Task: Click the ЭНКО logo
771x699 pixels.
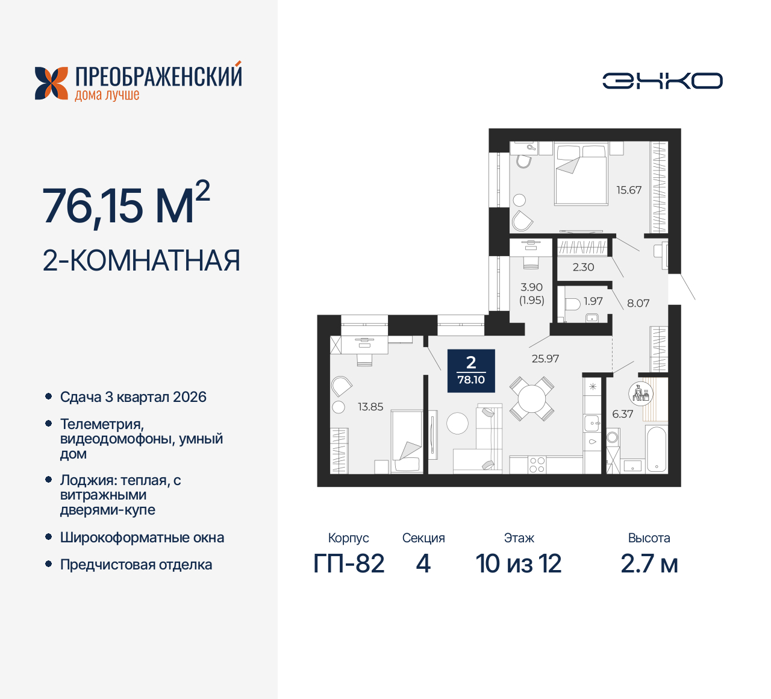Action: point(662,81)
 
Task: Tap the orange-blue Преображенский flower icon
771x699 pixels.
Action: point(51,83)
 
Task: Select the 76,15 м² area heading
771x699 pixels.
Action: point(126,205)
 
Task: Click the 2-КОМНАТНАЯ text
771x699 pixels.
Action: point(142,260)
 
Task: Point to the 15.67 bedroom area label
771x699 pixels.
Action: point(628,190)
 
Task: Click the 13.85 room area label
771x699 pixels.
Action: point(370,407)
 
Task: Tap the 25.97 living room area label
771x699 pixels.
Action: point(545,359)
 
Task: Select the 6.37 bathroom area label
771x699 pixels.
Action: point(622,414)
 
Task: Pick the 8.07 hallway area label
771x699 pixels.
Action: point(638,303)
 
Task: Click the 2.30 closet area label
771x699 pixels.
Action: point(583,267)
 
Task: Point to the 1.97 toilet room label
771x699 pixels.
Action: point(593,301)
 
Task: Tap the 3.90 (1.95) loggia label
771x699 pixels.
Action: point(532,293)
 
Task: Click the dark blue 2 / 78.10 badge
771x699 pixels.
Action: point(471,371)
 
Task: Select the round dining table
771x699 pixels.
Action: point(532,398)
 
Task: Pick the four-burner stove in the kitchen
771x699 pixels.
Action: point(537,465)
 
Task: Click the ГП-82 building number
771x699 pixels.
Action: point(349,564)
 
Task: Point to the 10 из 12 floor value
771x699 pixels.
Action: point(519,564)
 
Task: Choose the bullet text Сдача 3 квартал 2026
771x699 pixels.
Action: point(133,397)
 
